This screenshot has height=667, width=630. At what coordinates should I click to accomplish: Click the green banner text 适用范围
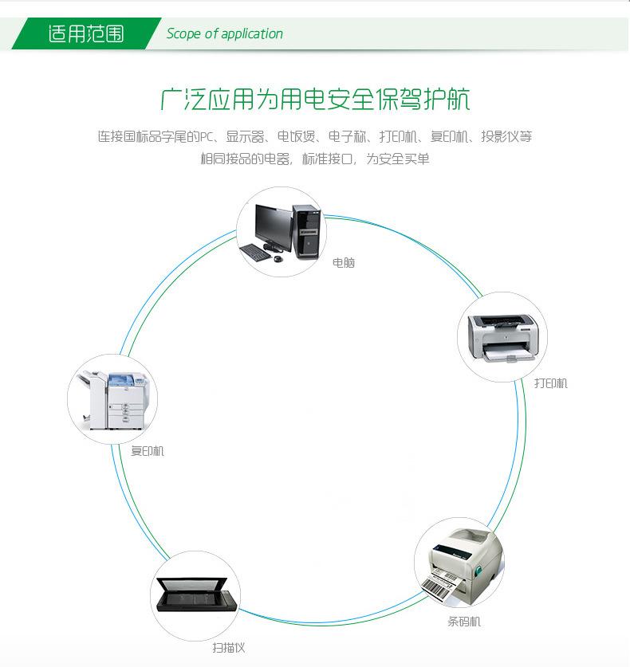click(86, 34)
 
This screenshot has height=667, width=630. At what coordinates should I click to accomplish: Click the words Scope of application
click(224, 34)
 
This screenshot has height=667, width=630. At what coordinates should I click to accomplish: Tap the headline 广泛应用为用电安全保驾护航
click(315, 100)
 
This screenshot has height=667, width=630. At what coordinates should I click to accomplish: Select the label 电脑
click(344, 262)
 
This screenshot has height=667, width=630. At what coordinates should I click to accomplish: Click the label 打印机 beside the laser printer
click(550, 383)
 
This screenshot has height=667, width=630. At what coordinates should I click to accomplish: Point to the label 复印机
click(148, 451)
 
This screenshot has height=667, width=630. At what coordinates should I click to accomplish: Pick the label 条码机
click(463, 621)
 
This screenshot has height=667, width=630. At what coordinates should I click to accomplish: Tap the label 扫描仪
click(228, 648)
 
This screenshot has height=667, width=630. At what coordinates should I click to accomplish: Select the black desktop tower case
click(305, 231)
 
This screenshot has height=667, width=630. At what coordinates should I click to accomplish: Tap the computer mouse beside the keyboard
click(278, 258)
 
